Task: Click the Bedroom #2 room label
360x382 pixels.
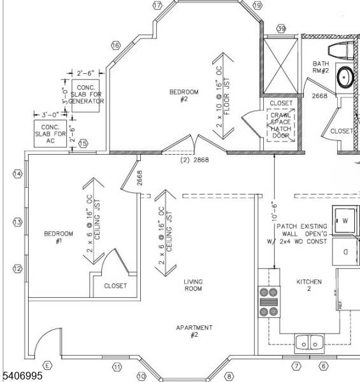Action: [184, 95]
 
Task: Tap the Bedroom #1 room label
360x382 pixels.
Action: [54, 237]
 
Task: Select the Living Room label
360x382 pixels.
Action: [193, 285]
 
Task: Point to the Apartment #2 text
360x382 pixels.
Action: [194, 331]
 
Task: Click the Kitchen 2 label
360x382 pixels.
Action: [309, 285]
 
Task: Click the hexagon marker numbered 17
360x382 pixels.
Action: [157, 5]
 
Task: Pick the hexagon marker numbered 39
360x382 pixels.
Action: [281, 29]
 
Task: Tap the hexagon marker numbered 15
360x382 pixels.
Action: [83, 144]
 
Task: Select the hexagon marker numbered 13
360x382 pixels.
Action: [18, 222]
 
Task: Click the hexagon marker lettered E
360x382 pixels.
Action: [47, 365]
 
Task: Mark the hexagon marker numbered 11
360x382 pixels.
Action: [117, 367]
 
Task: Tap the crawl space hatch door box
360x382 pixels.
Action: [281, 125]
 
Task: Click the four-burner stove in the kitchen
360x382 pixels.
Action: [268, 302]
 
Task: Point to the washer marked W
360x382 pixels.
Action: [345, 221]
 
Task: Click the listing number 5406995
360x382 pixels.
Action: [22, 376]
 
